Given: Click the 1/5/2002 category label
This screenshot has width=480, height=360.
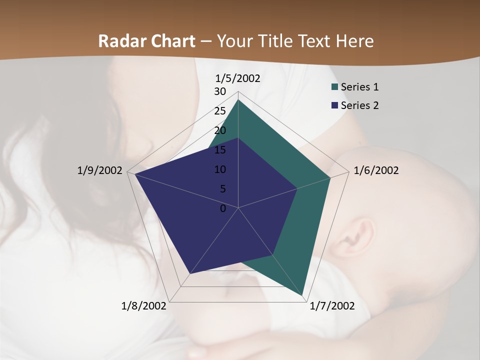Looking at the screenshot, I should (238, 78).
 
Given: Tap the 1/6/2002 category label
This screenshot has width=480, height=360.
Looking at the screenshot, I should (376, 170).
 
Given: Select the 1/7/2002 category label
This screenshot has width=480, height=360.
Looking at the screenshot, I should (332, 306).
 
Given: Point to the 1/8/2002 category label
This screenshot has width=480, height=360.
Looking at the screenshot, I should (144, 306).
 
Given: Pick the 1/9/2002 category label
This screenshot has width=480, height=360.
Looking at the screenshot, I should (99, 170).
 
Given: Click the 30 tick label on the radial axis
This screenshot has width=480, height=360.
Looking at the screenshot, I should (220, 91).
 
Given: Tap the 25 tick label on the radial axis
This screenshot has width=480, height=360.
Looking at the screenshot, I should (220, 111).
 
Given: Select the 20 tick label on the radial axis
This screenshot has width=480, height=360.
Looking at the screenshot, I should (220, 130).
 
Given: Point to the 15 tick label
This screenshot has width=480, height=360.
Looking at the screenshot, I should (220, 150).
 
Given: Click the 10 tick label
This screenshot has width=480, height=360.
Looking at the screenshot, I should (220, 169).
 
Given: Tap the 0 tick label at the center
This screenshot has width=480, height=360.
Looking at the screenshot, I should (223, 208).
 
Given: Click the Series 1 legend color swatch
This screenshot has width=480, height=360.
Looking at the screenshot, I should (334, 87).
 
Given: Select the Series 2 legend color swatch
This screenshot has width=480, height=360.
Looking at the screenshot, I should (334, 105).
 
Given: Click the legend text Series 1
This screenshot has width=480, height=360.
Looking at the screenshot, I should (359, 87).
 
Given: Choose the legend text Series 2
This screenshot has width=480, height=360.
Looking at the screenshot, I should (359, 105).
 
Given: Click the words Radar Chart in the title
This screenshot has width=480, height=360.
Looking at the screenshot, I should (146, 41).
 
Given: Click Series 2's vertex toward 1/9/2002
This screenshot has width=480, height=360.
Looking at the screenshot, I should (134, 174).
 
